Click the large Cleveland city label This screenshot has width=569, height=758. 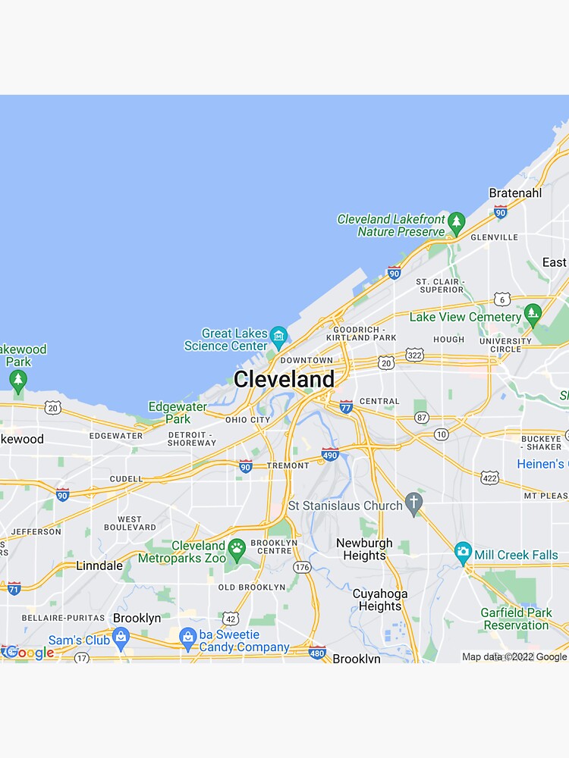[284, 379]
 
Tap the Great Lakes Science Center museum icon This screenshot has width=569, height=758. [278, 335]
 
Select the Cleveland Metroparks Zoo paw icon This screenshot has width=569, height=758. [237, 547]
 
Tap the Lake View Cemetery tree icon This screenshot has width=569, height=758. [533, 312]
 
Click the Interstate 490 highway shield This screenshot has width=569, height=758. [329, 454]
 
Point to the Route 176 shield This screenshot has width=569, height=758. [302, 567]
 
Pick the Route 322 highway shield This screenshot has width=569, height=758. [414, 355]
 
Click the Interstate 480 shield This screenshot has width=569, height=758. [317, 652]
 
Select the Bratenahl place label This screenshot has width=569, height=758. [515, 193]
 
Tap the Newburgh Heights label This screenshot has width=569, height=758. [364, 550]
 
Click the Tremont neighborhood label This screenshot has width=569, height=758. [288, 465]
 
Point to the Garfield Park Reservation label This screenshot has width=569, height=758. [516, 619]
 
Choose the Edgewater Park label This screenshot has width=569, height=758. [178, 412]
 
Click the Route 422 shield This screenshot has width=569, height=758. [489, 477]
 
